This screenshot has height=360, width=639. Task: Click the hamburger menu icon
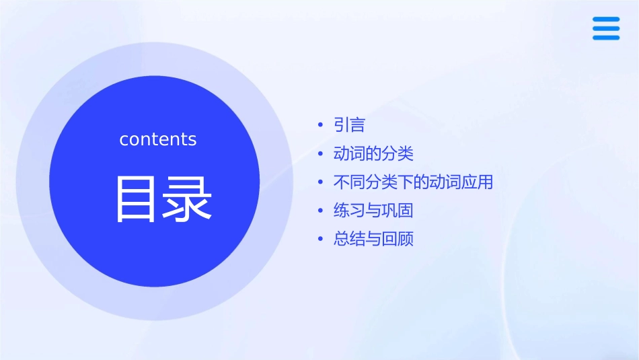[x=606, y=28]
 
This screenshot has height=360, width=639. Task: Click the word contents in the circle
[x=158, y=139]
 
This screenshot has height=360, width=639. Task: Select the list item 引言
[x=349, y=125]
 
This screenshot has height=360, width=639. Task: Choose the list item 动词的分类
[x=373, y=154]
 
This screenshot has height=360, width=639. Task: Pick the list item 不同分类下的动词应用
[x=413, y=182]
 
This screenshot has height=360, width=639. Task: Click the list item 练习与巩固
[x=373, y=211]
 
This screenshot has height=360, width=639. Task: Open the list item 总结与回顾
[x=373, y=240]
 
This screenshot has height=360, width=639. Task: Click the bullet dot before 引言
[x=320, y=126]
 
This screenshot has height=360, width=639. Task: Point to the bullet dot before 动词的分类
[x=320, y=155]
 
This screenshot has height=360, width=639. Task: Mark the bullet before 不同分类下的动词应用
[x=320, y=183]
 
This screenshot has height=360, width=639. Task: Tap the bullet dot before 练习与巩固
[x=320, y=211]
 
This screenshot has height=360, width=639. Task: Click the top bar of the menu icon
[x=606, y=20]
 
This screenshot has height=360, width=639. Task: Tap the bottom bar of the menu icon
[x=606, y=37]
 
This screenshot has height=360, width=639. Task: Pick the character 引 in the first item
[x=341, y=125]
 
